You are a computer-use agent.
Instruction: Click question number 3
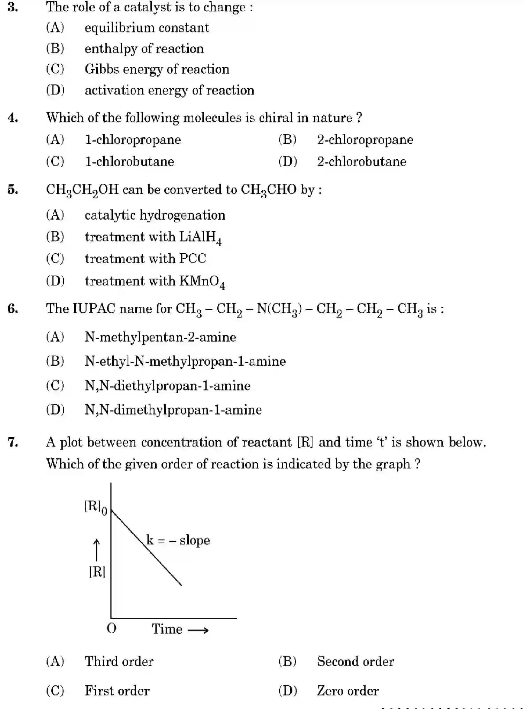pos(13,7)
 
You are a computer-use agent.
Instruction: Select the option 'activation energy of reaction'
pos(169,90)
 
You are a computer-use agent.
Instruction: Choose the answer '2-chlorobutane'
pos(361,161)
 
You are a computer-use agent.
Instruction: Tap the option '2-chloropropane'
pos(365,140)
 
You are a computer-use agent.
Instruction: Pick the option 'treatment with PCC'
pos(145,259)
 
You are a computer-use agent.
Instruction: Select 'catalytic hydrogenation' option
pos(155,215)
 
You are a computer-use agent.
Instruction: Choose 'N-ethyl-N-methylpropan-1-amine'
pos(185,361)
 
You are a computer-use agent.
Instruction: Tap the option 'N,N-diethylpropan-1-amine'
pos(167,386)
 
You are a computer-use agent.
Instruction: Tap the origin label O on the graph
pos(111,628)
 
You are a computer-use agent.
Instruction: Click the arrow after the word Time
pos(198,630)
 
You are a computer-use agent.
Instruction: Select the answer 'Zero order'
pos(348,691)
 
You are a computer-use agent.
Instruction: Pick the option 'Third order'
pos(119,661)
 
